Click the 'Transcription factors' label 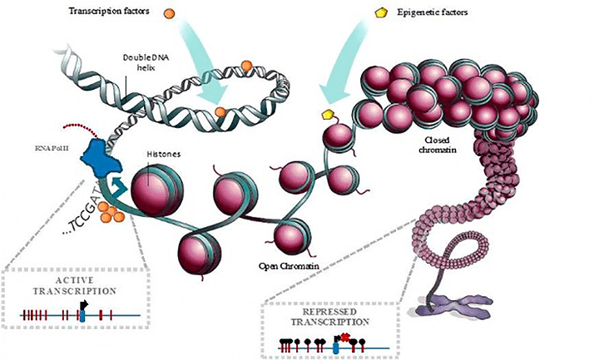click(121, 13)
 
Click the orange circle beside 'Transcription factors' click(169, 14)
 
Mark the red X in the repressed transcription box click(344, 337)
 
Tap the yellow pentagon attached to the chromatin click(328, 114)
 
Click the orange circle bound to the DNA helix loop click(220, 111)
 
